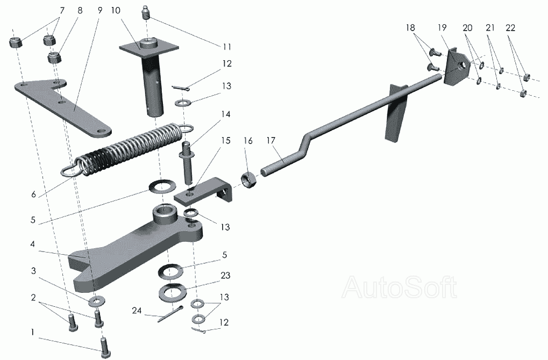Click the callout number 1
(33, 333)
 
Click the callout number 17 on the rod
(272, 141)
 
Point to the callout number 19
(442, 27)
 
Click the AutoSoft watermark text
(400, 287)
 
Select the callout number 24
(137, 311)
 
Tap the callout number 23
(225, 276)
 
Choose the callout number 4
(33, 243)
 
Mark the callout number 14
(225, 114)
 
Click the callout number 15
(225, 140)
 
